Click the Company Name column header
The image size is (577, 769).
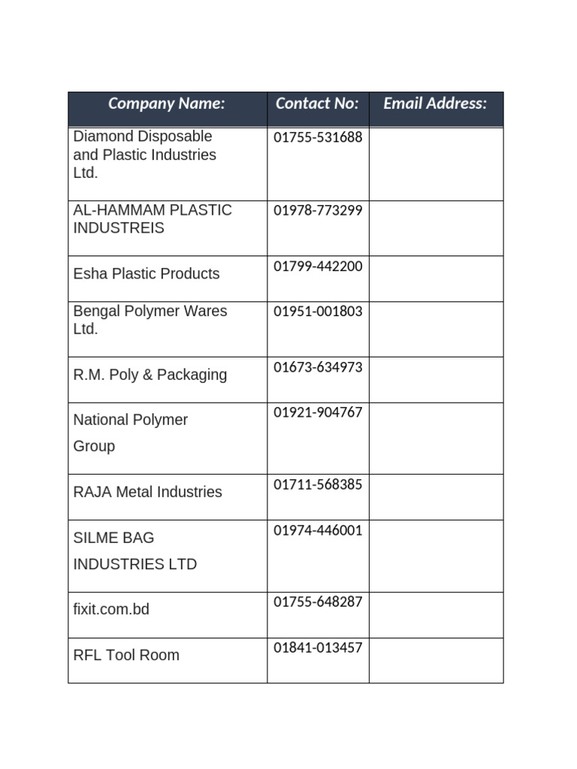tap(167, 104)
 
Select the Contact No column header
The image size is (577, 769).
tap(317, 104)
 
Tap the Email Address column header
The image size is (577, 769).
tap(435, 104)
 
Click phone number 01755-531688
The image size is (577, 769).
tap(318, 137)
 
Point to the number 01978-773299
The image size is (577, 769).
tap(318, 210)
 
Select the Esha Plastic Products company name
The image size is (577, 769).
tap(147, 274)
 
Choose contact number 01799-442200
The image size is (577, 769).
tap(318, 267)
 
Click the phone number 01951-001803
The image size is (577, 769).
tap(318, 312)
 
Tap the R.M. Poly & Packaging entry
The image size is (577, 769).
tap(150, 375)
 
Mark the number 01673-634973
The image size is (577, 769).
tap(318, 367)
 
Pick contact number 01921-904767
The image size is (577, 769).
tap(318, 412)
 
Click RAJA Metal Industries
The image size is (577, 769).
tap(148, 492)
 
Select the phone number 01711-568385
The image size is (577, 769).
tap(318, 484)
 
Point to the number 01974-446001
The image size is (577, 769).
tap(318, 530)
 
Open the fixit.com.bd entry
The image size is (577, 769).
tap(111, 609)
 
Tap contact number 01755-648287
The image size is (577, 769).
tap(318, 602)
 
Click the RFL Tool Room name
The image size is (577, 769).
tap(126, 655)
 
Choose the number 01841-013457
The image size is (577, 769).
tap(318, 647)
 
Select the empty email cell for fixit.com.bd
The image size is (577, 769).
tap(436, 615)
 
